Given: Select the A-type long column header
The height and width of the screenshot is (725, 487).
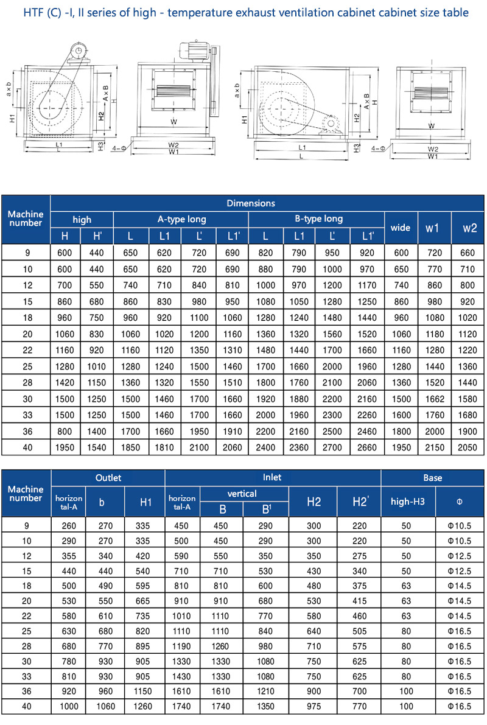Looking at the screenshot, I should pos(181,219).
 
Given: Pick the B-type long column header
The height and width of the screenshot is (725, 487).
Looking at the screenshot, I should pos(317,219).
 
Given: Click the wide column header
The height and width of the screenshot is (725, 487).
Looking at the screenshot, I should pos(401,228).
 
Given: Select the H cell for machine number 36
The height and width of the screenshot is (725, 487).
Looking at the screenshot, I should pos(65,431).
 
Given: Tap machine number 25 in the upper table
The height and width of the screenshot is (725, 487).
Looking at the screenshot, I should pos(26,367).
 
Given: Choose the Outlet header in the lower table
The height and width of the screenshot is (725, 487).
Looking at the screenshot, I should pos(108,478).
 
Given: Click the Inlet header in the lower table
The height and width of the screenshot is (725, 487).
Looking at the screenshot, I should pos(272,478).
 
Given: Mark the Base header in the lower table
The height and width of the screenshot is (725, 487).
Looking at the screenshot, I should pos(433,478).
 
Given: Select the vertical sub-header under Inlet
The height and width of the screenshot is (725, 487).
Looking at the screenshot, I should pos(242,494).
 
